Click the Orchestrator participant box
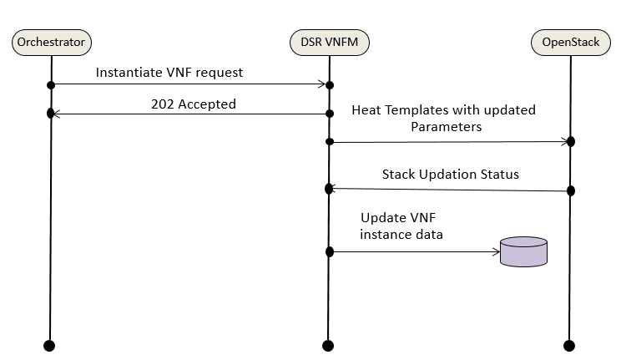pyautogui.click(x=51, y=40)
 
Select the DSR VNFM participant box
pyautogui.click(x=329, y=40)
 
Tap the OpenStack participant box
pyautogui.click(x=571, y=40)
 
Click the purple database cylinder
pyautogui.click(x=523, y=251)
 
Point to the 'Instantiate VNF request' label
pyautogui.click(x=169, y=73)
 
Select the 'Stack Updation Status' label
pyautogui.click(x=451, y=175)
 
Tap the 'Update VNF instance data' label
pyautogui.click(x=401, y=226)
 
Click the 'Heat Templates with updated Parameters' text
pyautogui.click(x=443, y=119)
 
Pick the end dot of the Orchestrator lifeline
pyautogui.click(x=48, y=345)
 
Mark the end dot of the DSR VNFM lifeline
pyautogui.click(x=328, y=345)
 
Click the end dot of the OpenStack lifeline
pyautogui.click(x=569, y=345)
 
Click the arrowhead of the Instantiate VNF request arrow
pyautogui.click(x=321, y=84)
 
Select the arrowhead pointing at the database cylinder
pyautogui.click(x=496, y=251)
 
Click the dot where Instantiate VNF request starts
pyautogui.click(x=51, y=85)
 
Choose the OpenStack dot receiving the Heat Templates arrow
pyautogui.click(x=571, y=141)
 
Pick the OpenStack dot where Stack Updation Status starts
pyautogui.click(x=571, y=191)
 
